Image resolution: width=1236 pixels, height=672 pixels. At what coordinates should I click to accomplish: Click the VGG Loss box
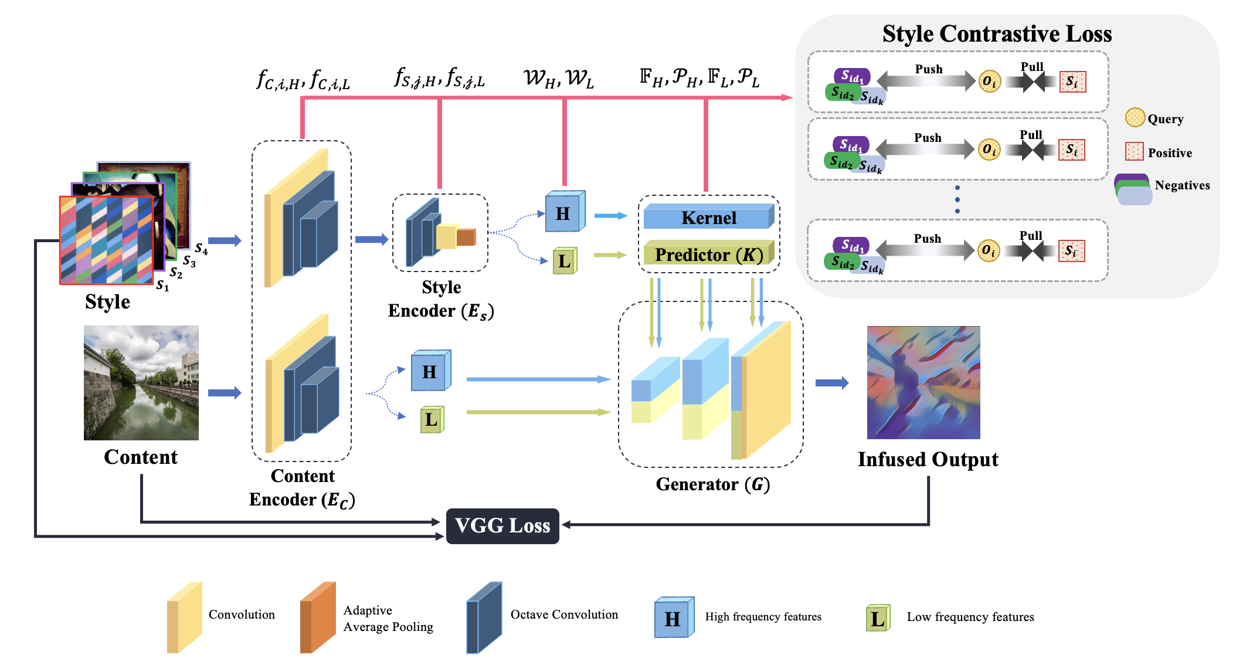click(502, 526)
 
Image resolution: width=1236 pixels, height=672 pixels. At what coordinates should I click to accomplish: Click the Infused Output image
click(923, 382)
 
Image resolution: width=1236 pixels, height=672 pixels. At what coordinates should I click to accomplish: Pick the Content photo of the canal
click(141, 383)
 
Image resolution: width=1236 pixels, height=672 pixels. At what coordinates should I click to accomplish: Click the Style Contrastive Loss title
click(997, 33)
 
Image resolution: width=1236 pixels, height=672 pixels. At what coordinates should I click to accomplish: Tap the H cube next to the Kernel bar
click(565, 211)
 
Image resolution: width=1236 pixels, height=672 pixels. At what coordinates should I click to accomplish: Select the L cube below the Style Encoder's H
click(565, 260)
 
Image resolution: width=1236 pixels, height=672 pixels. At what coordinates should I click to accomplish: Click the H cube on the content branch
click(431, 370)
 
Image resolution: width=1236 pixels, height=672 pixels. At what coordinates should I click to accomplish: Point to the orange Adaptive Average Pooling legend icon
click(318, 617)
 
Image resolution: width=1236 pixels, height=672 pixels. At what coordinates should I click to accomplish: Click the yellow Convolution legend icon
click(185, 617)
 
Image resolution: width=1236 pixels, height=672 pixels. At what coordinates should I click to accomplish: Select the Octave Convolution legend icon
click(484, 617)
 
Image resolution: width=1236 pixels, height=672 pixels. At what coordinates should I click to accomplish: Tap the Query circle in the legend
click(1135, 117)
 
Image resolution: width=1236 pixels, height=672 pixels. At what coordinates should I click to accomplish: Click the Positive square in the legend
click(1135, 151)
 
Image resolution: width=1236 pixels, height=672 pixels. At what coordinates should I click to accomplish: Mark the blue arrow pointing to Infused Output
click(832, 383)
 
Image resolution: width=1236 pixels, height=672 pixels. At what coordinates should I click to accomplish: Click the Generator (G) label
click(713, 484)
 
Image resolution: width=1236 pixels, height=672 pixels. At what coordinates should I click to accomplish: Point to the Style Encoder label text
click(441, 299)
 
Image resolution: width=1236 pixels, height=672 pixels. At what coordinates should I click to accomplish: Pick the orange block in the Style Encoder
click(467, 237)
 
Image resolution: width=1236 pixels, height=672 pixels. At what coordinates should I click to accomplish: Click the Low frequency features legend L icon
click(878, 618)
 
